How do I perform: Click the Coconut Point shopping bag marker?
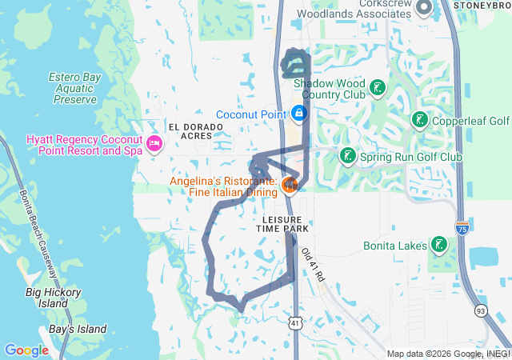(x=298, y=114)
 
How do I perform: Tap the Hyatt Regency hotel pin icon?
(x=154, y=144)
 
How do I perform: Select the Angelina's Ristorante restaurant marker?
(x=290, y=186)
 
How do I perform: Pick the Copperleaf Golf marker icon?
(x=418, y=121)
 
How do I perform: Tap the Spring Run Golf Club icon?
(x=347, y=155)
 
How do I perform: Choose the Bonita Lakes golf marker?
(x=438, y=244)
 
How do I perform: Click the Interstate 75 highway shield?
(x=462, y=228)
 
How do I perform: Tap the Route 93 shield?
(x=481, y=310)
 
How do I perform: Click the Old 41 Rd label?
(x=314, y=265)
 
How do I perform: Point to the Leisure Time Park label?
(x=282, y=223)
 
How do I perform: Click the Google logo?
(x=26, y=350)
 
